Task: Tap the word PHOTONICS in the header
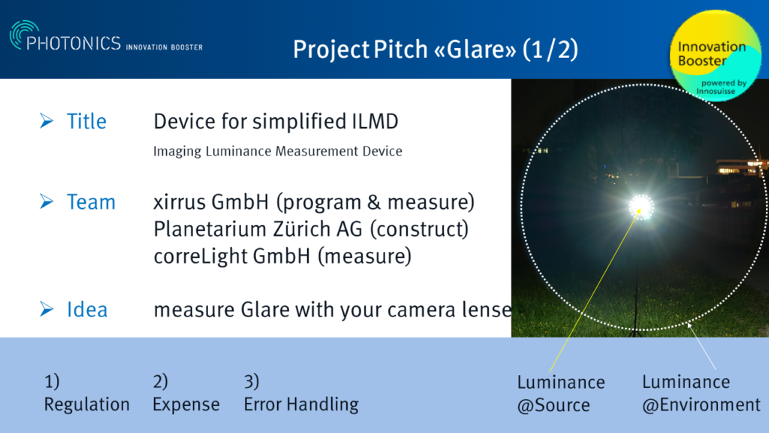click(x=74, y=44)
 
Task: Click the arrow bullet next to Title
click(x=47, y=121)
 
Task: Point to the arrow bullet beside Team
click(x=47, y=201)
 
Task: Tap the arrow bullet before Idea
click(x=47, y=309)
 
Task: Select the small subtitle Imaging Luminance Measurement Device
click(x=277, y=151)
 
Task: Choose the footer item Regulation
click(x=86, y=404)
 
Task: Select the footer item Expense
click(x=185, y=404)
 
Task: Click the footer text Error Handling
click(x=300, y=404)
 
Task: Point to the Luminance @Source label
click(x=561, y=394)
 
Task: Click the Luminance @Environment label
click(x=701, y=394)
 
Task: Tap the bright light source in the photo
click(x=641, y=206)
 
